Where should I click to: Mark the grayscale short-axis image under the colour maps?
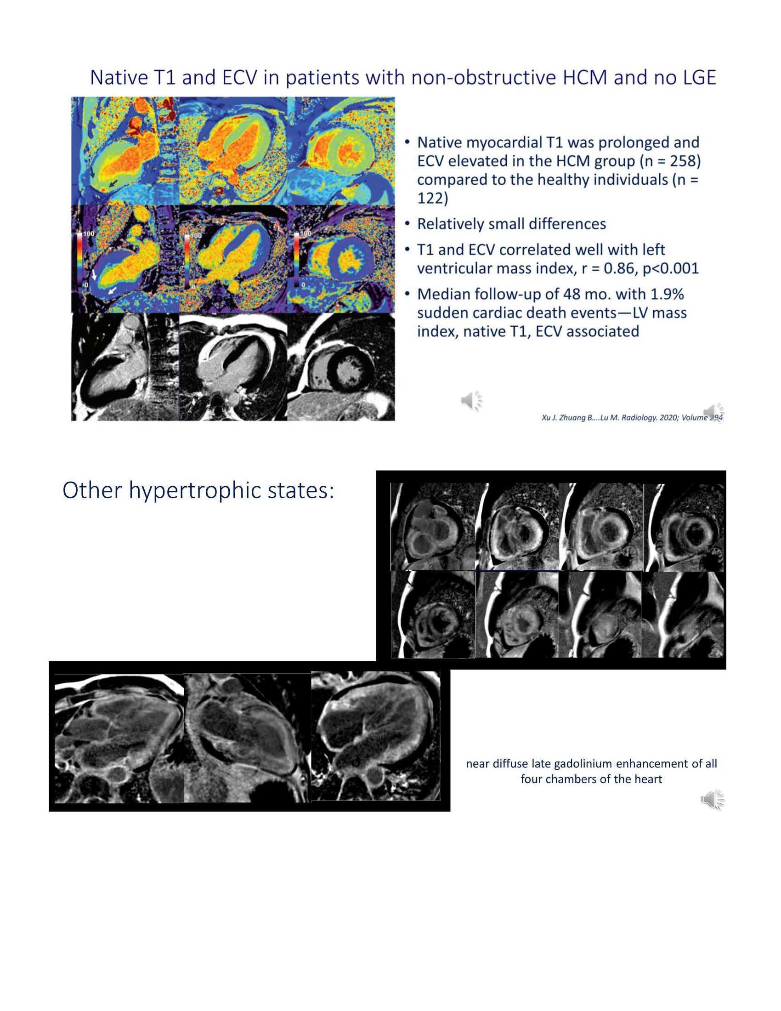pos(341,367)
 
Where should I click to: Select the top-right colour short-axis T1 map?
pos(341,151)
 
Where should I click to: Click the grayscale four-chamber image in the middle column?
pos(233,367)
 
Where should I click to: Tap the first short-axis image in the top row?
pos(432,526)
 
